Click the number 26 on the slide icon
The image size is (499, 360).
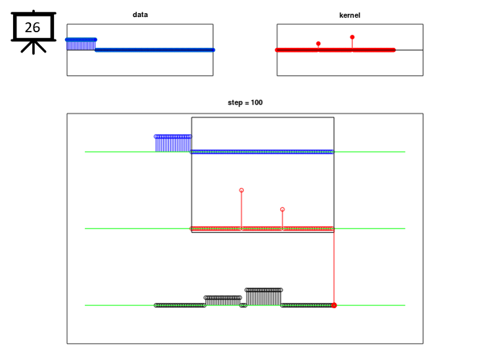pyautogui.click(x=32, y=28)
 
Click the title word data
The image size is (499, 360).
pyautogui.click(x=140, y=14)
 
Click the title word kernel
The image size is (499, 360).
pyautogui.click(x=350, y=15)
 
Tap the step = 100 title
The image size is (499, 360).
pyautogui.click(x=245, y=102)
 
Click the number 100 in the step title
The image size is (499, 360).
pyautogui.click(x=256, y=102)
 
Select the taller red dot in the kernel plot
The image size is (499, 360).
pyautogui.click(x=352, y=37)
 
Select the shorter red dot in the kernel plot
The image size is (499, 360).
pyautogui.click(x=318, y=43)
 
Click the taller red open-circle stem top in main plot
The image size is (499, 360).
pyautogui.click(x=241, y=190)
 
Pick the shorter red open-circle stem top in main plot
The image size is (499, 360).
pyautogui.click(x=282, y=210)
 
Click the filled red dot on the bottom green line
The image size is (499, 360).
pyautogui.click(x=334, y=305)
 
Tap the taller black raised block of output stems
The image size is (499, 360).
pyautogui.click(x=264, y=297)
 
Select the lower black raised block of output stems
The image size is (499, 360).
pyautogui.click(x=223, y=301)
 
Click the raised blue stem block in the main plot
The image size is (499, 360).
pyautogui.click(x=173, y=144)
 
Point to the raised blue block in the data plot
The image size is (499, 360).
pyautogui.click(x=81, y=45)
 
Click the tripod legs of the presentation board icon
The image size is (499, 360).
pyautogui.click(x=34, y=47)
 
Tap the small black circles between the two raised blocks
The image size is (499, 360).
pyautogui.click(x=243, y=305)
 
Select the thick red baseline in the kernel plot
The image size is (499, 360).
pyautogui.click(x=335, y=50)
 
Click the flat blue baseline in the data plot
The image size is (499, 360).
pyautogui.click(x=155, y=50)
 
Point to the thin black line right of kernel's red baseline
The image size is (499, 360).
pyautogui.click(x=409, y=50)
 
